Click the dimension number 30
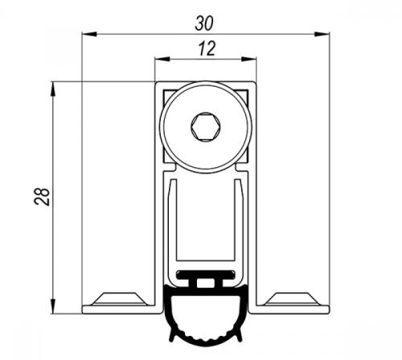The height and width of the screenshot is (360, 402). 204,23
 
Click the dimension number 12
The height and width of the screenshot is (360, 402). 207,48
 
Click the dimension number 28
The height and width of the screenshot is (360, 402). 43,197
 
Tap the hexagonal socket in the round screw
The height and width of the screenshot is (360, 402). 206,126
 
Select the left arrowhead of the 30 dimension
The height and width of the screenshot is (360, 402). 89,34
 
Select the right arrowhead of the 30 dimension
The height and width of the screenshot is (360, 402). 322,34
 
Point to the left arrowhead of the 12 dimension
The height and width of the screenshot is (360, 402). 162,59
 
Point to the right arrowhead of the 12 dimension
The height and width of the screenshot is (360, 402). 249,59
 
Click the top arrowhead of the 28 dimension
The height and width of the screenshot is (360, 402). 53,88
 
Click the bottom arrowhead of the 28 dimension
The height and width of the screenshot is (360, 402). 53,306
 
